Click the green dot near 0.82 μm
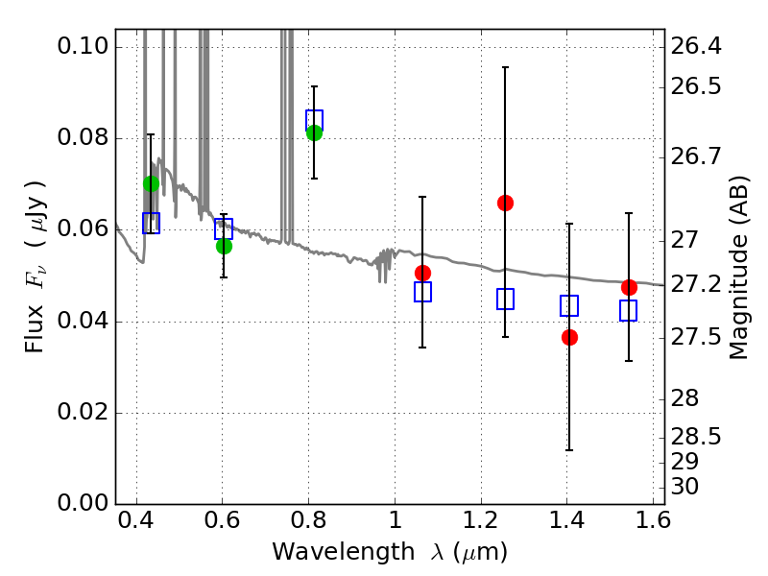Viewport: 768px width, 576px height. pos(314,132)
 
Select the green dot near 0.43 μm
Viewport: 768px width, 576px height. pos(151,183)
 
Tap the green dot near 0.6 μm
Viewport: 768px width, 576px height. pos(224,246)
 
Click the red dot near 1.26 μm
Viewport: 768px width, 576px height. pos(505,203)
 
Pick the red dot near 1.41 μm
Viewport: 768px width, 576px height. pos(569,337)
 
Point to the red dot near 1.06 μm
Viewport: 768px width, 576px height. pos(422,273)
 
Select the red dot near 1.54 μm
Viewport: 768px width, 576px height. pos(629,287)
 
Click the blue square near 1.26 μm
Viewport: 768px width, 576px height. pos(505,299)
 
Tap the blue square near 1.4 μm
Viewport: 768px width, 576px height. pos(569,305)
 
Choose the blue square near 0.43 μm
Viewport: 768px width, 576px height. pos(151,223)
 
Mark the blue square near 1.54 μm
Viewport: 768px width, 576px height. pos(629,310)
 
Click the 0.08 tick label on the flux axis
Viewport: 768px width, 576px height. pos(83,137)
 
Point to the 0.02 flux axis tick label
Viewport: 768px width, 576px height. pos(83,412)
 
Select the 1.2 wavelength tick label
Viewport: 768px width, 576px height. pos(481,520)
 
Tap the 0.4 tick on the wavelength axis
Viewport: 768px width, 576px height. pos(136,520)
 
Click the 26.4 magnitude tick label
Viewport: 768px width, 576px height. pos(696,46)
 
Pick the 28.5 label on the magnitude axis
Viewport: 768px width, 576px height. pos(696,437)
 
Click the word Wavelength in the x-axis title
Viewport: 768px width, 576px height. pos(344,552)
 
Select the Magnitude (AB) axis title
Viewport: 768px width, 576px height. pos(739,268)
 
